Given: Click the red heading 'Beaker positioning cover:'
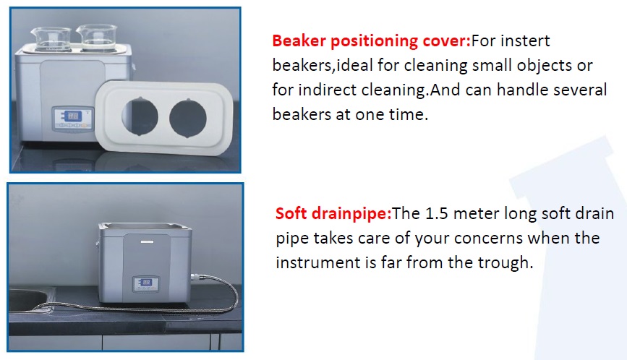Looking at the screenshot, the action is tap(372, 41).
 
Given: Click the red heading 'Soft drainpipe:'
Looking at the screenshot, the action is tap(333, 214).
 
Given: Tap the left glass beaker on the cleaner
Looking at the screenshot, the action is tap(51, 39).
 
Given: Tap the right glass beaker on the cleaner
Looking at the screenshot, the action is tap(97, 38).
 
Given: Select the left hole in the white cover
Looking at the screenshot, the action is tap(140, 116).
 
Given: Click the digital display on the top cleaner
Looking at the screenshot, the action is tap(73, 116).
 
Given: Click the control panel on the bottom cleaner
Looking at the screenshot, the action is tap(146, 285).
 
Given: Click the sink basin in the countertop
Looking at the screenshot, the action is tap(28, 300).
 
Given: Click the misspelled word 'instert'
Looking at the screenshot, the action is tap(526, 40).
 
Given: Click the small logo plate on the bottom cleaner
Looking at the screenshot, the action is tap(147, 241).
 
